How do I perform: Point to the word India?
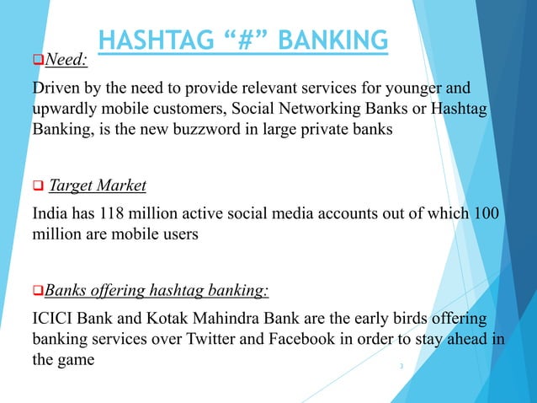50,213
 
